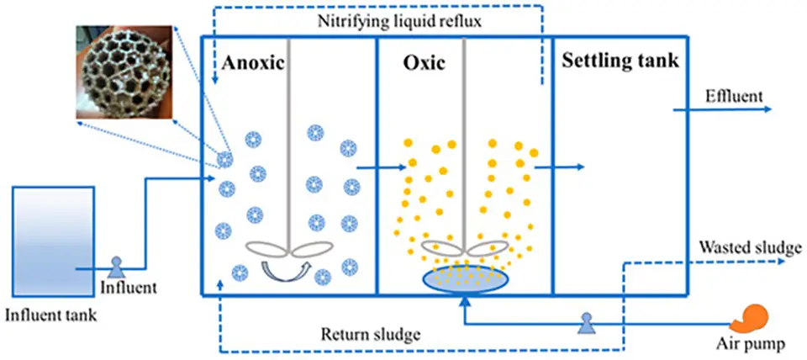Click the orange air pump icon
[x=750, y=318]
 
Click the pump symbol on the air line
[x=585, y=320]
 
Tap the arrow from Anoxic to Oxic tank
[x=375, y=168]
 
